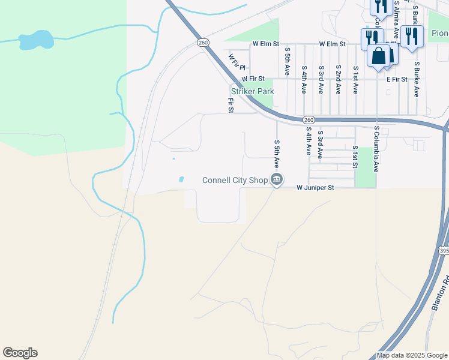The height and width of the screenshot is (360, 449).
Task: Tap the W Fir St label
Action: [x=253, y=79]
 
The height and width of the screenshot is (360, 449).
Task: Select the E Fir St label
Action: [x=397, y=79]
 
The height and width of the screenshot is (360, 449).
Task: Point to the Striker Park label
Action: [x=252, y=91]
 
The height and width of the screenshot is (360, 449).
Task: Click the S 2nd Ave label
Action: [x=339, y=80]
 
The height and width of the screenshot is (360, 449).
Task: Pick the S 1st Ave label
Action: [x=355, y=80]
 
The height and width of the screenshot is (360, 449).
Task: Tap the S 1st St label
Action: [x=355, y=156]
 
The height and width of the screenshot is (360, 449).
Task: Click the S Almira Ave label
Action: [x=397, y=20]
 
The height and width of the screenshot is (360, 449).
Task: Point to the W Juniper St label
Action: [x=315, y=187]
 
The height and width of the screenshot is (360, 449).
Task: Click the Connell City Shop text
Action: [x=235, y=180]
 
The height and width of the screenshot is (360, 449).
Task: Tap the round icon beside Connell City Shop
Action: [x=277, y=179]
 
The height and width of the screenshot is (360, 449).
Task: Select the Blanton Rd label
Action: [x=439, y=293]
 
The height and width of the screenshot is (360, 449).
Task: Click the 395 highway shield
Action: [x=444, y=250]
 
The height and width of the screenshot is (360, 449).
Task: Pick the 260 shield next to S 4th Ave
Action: [x=308, y=120]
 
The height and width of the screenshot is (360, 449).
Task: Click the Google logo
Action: [x=20, y=353]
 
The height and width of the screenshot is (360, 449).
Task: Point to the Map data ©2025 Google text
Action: [x=412, y=355]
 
